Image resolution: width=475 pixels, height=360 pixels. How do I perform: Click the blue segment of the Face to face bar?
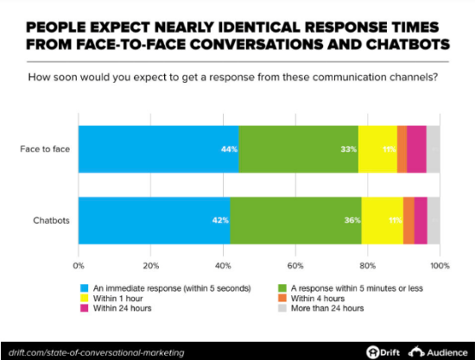tap(158, 148)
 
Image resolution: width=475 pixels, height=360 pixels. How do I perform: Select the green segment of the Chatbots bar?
tap(295, 220)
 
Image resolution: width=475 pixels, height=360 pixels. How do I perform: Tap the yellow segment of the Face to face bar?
tap(377, 148)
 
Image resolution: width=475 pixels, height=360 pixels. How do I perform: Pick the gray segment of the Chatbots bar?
tap(434, 220)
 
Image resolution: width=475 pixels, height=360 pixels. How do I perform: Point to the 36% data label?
tap(351, 220)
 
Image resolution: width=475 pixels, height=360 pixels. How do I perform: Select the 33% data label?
tap(348, 148)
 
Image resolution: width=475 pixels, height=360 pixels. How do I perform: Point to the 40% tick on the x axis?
tap(223, 264)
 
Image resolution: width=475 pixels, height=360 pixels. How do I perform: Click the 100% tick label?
tap(440, 264)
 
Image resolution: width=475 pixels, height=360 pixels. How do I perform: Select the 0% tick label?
tap(79, 264)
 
